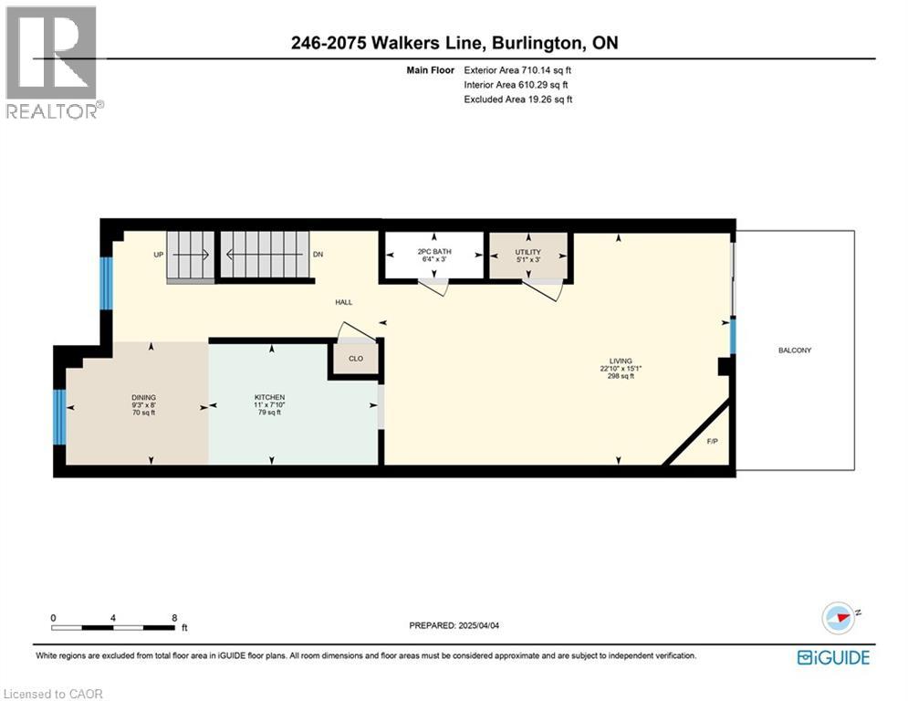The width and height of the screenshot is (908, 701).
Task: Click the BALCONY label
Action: click(794, 350)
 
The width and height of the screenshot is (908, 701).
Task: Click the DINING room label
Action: click(143, 398)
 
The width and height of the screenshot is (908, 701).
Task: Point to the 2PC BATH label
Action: click(434, 252)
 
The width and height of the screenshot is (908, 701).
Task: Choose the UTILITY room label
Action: click(527, 252)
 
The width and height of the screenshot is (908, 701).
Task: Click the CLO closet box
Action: click(356, 359)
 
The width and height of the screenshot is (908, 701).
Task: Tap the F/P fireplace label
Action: click(713, 442)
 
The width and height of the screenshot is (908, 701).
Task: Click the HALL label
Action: click(343, 302)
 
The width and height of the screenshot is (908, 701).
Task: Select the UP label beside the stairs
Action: click(158, 255)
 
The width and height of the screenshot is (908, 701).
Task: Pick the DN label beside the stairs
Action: click(318, 255)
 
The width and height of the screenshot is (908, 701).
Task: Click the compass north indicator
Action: click(840, 617)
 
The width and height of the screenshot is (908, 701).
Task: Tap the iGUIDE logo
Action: click(832, 657)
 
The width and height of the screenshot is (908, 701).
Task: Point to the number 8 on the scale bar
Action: click(174, 617)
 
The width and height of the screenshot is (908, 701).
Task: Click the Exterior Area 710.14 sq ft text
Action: click(518, 69)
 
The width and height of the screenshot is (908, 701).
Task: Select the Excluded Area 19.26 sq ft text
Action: click(518, 99)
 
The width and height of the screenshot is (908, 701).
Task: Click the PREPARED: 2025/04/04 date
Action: click(454, 625)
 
